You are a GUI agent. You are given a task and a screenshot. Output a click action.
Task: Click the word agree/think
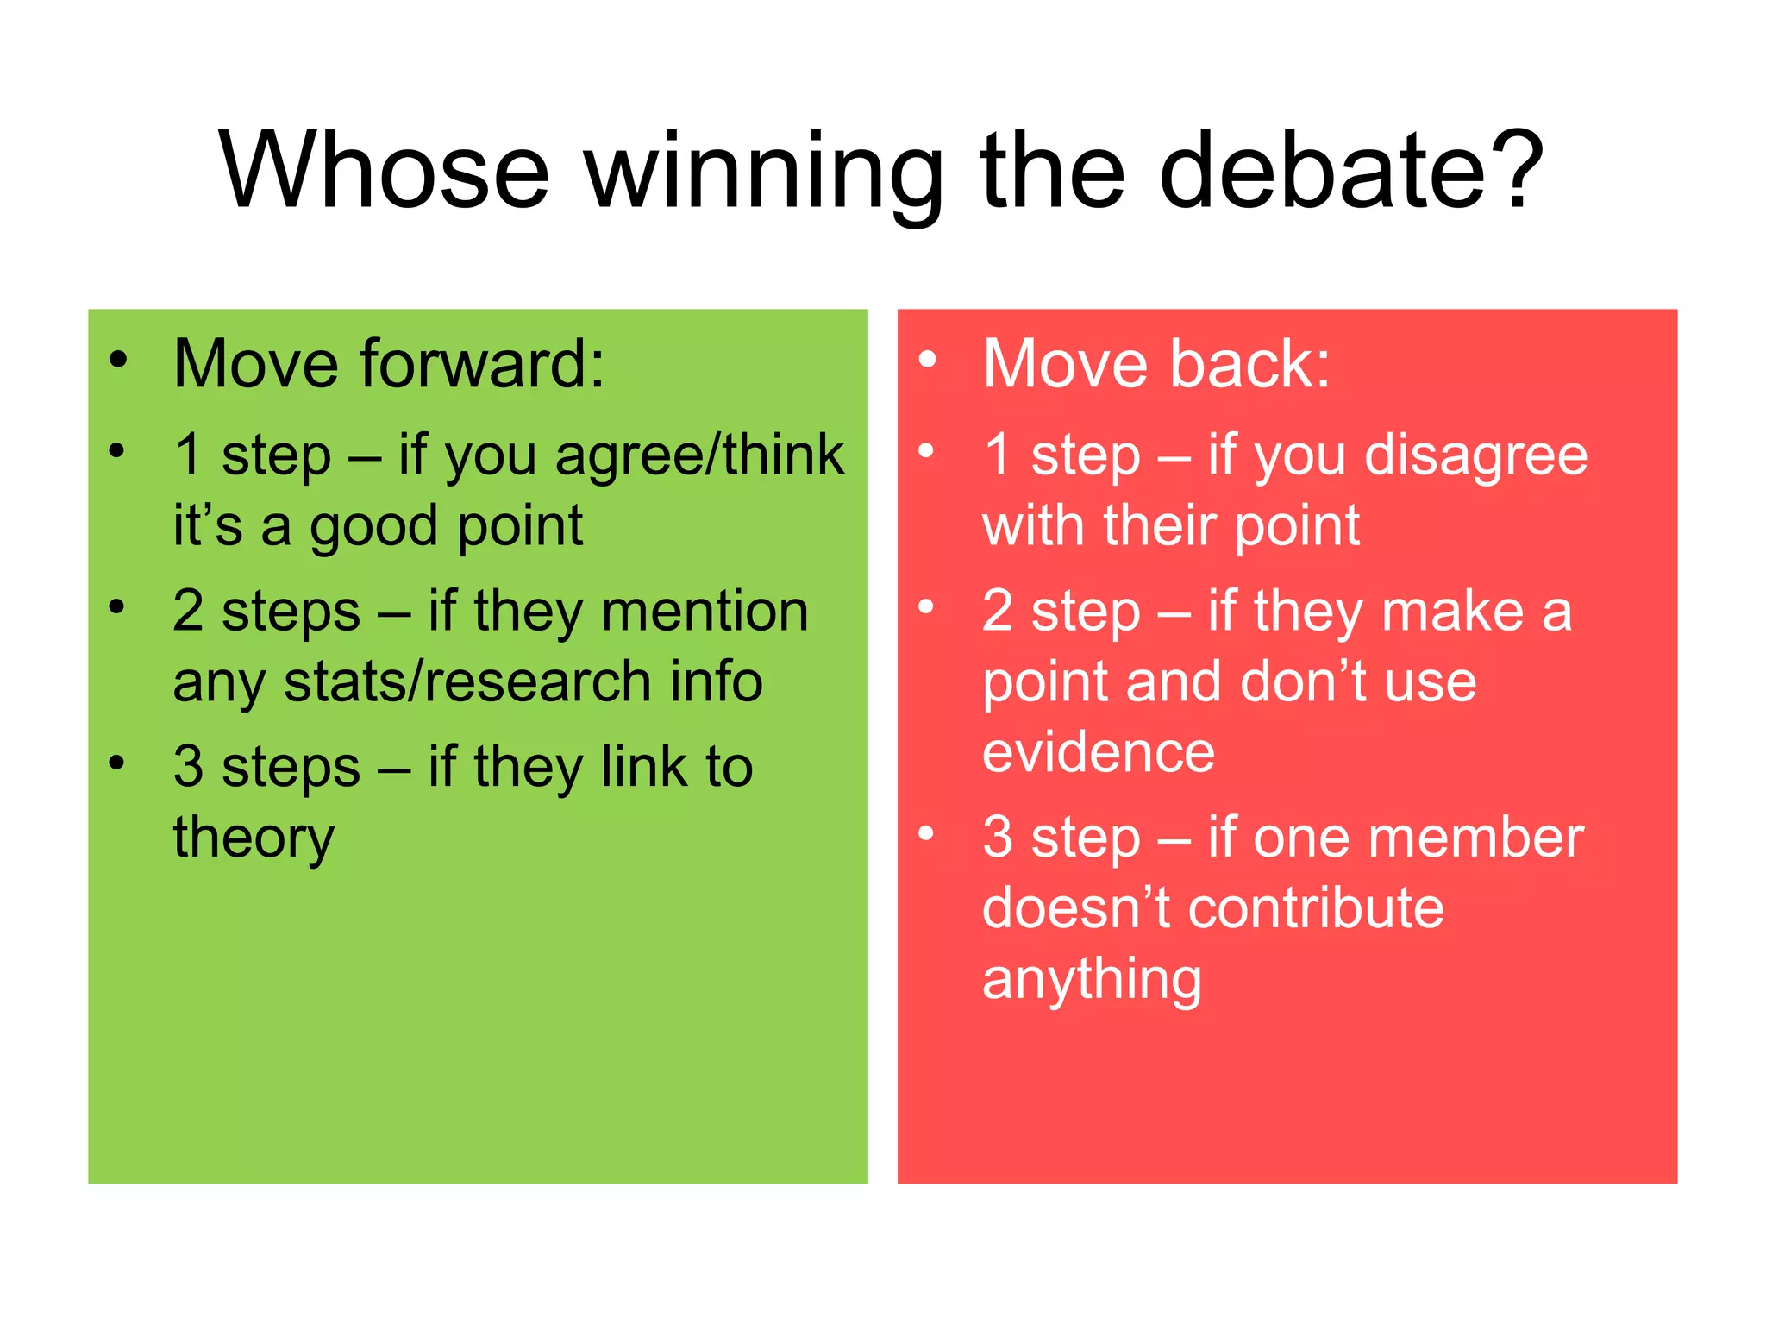tap(699, 456)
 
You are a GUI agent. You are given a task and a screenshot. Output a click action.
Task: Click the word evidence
tap(1099, 752)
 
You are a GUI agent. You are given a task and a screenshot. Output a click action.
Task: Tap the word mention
tap(705, 612)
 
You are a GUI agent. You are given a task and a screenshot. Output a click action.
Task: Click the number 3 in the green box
tap(188, 767)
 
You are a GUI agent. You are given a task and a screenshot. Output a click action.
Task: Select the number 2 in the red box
tap(998, 612)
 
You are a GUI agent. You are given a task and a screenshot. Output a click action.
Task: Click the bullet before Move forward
tap(118, 360)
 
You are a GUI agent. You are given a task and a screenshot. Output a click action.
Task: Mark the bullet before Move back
tap(927, 360)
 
